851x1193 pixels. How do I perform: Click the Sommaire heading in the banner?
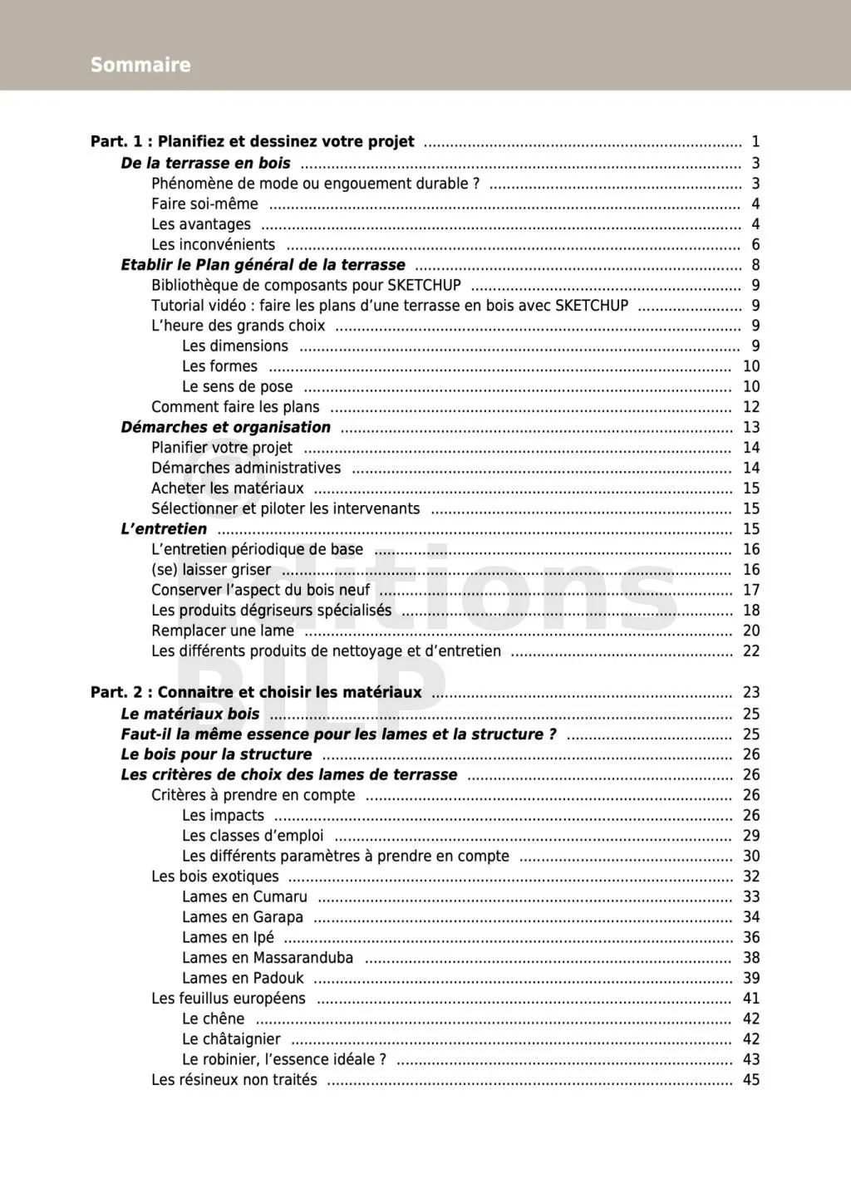click(140, 65)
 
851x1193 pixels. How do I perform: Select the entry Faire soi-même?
click(204, 204)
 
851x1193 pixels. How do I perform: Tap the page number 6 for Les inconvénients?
click(755, 244)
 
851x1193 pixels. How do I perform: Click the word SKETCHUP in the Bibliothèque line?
click(424, 285)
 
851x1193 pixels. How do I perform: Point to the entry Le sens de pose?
click(237, 386)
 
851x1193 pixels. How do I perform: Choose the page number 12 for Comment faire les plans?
click(751, 407)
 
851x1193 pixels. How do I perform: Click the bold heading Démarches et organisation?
click(225, 427)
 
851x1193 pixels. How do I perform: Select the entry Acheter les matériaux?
click(227, 488)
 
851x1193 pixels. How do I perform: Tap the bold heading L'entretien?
click(164, 529)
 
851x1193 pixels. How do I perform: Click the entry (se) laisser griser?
click(211, 570)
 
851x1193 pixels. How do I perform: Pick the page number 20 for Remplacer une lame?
click(751, 631)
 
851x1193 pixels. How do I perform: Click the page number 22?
click(751, 651)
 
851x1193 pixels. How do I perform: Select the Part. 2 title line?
click(256, 692)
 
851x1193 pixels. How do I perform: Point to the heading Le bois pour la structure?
click(216, 754)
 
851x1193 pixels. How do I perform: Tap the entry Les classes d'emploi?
click(253, 836)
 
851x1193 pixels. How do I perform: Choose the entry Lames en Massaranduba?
click(268, 958)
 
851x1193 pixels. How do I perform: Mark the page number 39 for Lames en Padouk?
click(751, 978)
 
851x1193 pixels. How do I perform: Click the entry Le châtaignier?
click(231, 1039)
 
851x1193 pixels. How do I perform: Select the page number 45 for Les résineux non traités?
click(751, 1080)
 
